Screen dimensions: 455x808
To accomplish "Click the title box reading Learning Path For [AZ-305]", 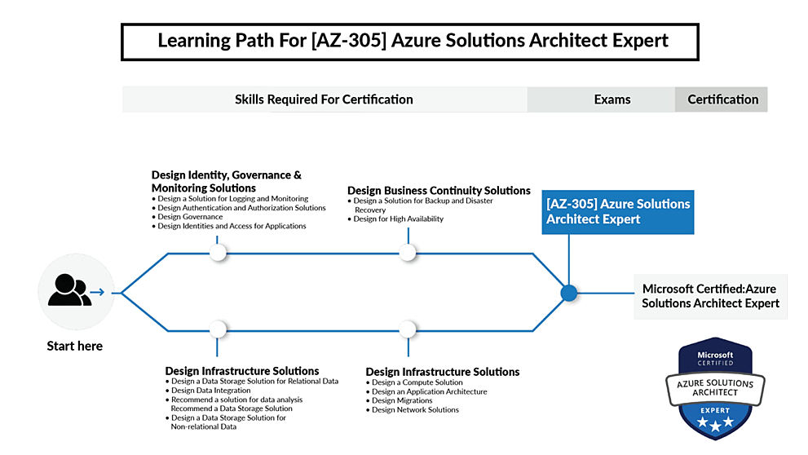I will pos(409,41).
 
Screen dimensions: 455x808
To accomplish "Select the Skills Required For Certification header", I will pos(324,99).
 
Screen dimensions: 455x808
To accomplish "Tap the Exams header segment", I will pos(612,99).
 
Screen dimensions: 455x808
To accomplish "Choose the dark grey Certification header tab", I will pos(722,99).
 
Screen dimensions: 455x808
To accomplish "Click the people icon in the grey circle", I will pos(70,290).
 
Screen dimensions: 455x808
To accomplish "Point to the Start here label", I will pos(75,346).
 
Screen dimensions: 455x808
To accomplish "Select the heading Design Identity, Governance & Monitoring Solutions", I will pos(226,181).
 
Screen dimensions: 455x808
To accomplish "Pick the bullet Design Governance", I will pos(190,217).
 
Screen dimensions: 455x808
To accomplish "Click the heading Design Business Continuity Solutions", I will pos(439,190).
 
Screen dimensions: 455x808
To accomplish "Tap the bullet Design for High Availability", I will pos(399,219).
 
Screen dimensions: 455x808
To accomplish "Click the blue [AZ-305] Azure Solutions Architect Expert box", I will pos(618,211).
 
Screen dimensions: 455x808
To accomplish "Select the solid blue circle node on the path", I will pos(569,293).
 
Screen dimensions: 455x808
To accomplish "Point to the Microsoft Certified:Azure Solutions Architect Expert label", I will pos(709,296).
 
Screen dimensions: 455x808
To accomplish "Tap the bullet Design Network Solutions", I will pos(415,409).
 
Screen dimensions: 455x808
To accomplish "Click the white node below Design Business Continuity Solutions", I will pos(408,254).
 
